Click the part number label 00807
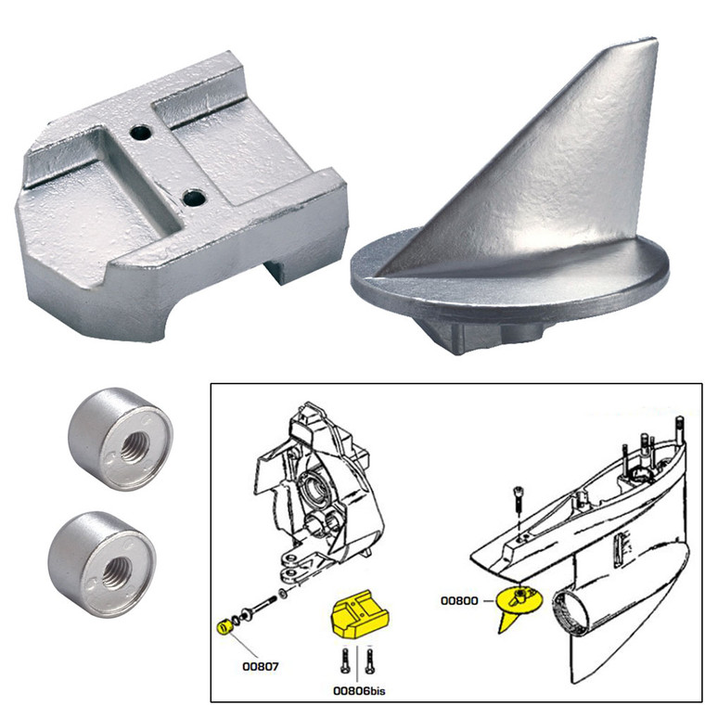[x=261, y=665]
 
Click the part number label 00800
[x=461, y=601]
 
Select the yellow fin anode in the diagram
[x=511, y=609]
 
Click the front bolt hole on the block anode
[x=195, y=198]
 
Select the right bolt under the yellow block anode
[x=370, y=661]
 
